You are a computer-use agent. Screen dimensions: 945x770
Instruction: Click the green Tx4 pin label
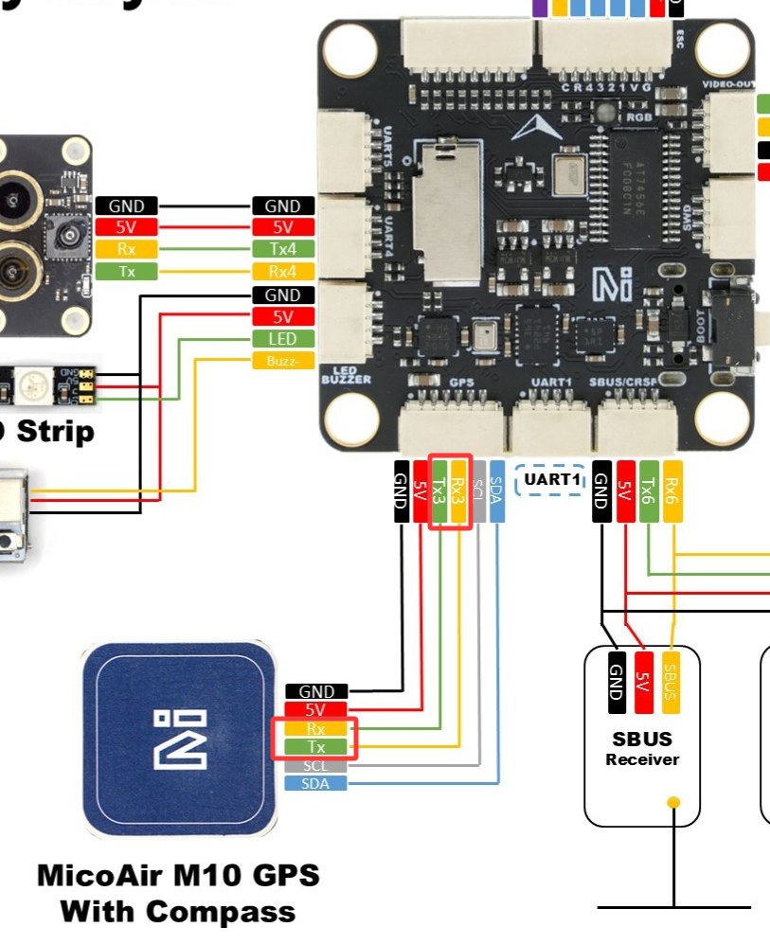click(x=282, y=250)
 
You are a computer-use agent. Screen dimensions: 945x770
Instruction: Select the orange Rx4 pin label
click(x=282, y=272)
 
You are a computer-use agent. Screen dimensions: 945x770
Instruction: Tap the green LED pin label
click(x=282, y=339)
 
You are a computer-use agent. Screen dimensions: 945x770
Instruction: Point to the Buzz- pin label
click(x=282, y=361)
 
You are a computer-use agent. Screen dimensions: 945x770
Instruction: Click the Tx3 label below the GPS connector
click(x=439, y=490)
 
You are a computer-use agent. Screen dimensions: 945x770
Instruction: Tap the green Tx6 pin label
click(x=649, y=490)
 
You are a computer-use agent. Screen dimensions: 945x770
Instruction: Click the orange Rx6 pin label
click(x=672, y=490)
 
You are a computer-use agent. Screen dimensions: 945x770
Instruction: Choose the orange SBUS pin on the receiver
click(x=671, y=682)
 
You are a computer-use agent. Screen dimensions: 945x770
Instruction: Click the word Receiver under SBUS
click(x=642, y=759)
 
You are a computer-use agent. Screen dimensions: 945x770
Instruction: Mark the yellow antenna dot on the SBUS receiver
click(x=673, y=804)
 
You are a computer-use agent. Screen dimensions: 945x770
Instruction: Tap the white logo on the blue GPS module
click(x=179, y=738)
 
